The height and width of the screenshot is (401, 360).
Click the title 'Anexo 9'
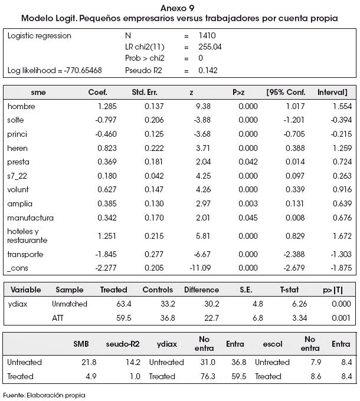click(177, 8)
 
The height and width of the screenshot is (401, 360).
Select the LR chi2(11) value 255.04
click(210, 47)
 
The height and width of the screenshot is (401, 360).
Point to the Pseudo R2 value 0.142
click(208, 70)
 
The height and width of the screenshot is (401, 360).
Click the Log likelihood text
click(54, 71)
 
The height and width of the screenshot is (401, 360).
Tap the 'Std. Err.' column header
click(145, 93)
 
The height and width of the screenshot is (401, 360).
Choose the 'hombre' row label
click(21, 106)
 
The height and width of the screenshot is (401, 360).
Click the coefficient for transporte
click(106, 254)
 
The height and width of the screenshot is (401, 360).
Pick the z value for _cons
click(200, 268)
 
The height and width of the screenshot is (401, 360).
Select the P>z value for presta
click(248, 162)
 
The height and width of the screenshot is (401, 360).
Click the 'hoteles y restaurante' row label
click(27, 236)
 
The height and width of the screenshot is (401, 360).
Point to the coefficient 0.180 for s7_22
click(107, 176)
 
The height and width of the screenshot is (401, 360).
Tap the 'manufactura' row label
click(30, 218)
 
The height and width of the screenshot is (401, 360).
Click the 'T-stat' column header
click(289, 290)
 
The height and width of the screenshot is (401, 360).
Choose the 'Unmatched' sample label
click(69, 304)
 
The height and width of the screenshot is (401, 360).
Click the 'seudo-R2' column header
click(123, 344)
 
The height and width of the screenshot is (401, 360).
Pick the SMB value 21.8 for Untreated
click(89, 363)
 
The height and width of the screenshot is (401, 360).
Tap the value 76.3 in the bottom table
click(208, 376)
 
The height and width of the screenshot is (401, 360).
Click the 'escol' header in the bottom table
click(273, 344)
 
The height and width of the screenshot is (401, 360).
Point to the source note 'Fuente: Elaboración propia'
click(44, 395)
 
